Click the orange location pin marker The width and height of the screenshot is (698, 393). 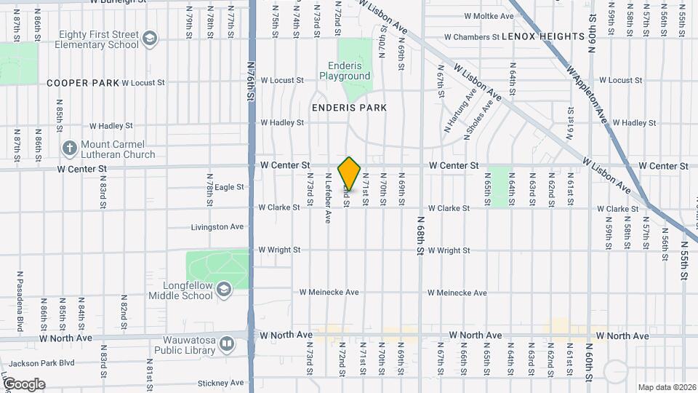[x=350, y=173]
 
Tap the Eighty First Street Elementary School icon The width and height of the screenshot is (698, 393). [x=150, y=38]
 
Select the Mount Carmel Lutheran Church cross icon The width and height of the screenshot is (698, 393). [x=70, y=148]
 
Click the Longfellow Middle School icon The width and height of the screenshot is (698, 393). [x=223, y=290]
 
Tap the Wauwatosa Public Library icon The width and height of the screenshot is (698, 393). [x=227, y=342]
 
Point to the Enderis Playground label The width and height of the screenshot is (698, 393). [x=345, y=71]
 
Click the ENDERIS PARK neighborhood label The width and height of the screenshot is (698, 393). [x=349, y=108]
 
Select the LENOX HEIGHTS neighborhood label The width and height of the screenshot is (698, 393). [x=543, y=36]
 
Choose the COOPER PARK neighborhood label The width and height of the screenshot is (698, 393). [x=82, y=83]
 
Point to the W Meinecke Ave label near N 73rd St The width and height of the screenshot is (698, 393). [x=329, y=293]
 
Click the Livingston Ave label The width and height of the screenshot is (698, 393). [x=217, y=227]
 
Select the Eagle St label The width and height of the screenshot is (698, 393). [x=229, y=187]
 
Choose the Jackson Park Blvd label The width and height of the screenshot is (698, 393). [x=38, y=362]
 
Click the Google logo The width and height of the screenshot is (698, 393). [x=24, y=384]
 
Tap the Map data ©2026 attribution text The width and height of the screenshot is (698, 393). [x=666, y=387]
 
